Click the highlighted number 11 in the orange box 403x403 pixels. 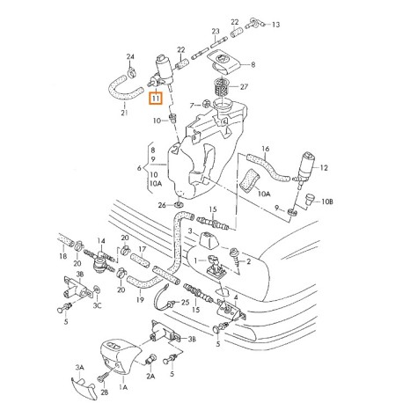pyautogui.click(x=156, y=99)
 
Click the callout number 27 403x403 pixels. pyautogui.click(x=244, y=87)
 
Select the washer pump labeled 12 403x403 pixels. pyautogui.click(x=304, y=170)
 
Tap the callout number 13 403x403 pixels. pyautogui.click(x=275, y=25)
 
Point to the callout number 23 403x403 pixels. pyautogui.click(x=216, y=31)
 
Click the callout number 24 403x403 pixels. pyautogui.click(x=130, y=56)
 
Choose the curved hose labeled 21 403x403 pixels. pyautogui.click(x=124, y=89)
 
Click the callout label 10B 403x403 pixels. pyautogui.click(x=327, y=201)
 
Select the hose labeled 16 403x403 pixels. pyautogui.click(x=267, y=167)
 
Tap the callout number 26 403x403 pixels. pyautogui.click(x=162, y=205)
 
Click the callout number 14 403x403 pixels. pyautogui.click(x=101, y=241)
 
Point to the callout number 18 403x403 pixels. pyautogui.click(x=63, y=256)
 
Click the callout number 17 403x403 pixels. pyautogui.click(x=143, y=249)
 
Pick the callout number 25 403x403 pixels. pyautogui.click(x=185, y=302)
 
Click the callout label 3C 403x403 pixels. pyautogui.click(x=98, y=305)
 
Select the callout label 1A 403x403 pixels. pyautogui.click(x=123, y=387)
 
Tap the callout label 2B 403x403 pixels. pyautogui.click(x=105, y=392)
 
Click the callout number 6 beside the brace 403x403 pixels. pyautogui.click(x=139, y=168)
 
